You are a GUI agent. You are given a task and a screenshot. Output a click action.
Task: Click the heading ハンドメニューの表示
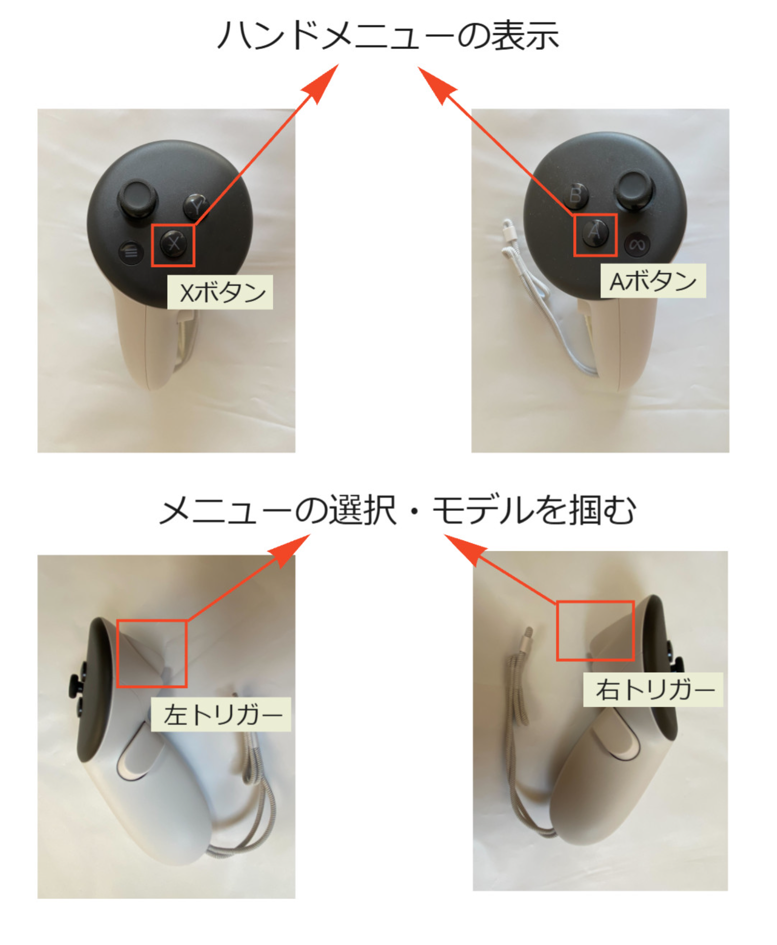[x=388, y=35]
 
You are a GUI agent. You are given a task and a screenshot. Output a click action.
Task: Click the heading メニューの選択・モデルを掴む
[x=398, y=510]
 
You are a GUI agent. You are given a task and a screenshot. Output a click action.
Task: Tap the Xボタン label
[x=220, y=292]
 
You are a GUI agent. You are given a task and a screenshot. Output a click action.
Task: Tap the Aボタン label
[x=653, y=281]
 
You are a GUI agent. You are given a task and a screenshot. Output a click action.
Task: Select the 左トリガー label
[x=221, y=715]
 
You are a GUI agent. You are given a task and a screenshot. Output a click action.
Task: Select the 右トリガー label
[x=653, y=689]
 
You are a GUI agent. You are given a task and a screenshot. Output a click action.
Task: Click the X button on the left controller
[x=173, y=243]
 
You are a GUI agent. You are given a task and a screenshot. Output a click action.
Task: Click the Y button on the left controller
[x=196, y=206]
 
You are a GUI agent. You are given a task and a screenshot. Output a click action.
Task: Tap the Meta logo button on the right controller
[x=637, y=244]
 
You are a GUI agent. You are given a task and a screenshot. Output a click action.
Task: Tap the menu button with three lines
[x=131, y=252]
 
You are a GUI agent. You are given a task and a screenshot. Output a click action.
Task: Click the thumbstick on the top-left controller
[x=138, y=199]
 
